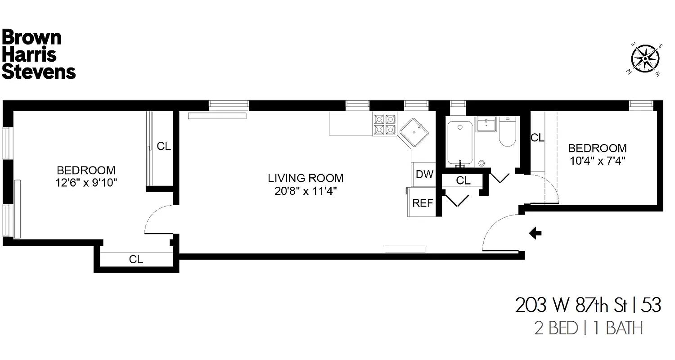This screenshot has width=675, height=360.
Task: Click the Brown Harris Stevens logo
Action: pos(38,55)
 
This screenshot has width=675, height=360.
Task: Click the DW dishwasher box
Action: pos(424,175)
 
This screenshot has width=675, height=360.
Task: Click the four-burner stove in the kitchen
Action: pos(384,125)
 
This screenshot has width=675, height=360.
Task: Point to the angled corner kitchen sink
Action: pos(413,132)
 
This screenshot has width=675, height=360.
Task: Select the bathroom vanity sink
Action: pos(486,124)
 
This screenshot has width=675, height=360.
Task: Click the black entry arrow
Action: pos(535,233)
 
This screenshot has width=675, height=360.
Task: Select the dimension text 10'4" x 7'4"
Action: pos(597,160)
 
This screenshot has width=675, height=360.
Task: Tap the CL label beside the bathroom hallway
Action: pos(463,181)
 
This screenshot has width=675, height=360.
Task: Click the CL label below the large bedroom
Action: pos(136,260)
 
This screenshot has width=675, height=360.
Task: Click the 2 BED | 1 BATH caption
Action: pos(588,328)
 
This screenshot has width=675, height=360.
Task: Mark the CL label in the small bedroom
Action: pos(537,138)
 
